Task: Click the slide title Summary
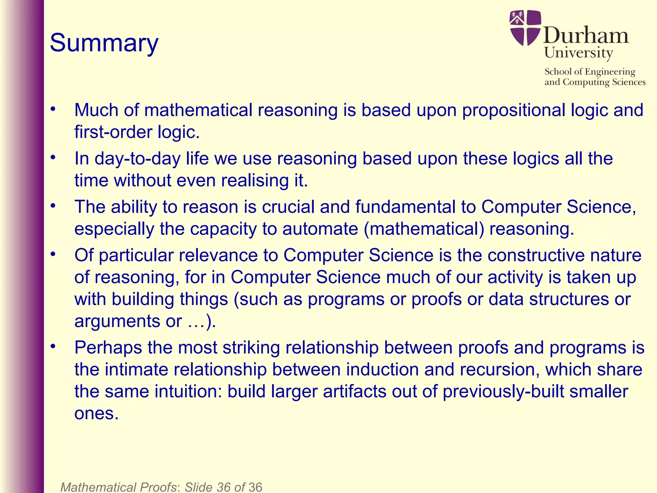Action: point(104,43)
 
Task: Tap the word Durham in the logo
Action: point(586,35)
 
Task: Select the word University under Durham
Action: point(578,53)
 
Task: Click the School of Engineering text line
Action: point(590,72)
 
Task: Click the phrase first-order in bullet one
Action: point(113,132)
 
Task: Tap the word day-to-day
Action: point(137,159)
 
